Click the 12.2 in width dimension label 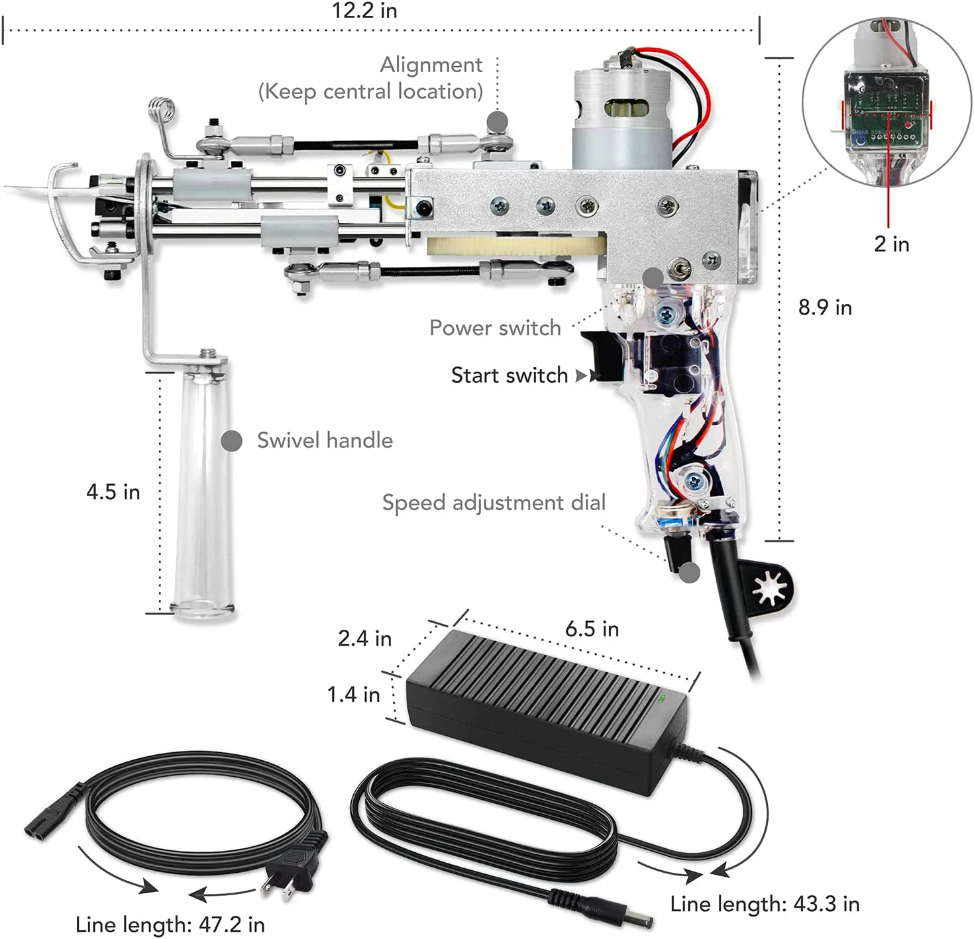[364, 11]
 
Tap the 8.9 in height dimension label [825, 307]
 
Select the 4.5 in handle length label [113, 492]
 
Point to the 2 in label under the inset [891, 244]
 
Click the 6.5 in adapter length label [592, 629]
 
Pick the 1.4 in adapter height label [353, 695]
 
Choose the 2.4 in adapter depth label [364, 638]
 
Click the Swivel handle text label [325, 440]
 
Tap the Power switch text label [495, 328]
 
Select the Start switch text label [510, 375]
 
